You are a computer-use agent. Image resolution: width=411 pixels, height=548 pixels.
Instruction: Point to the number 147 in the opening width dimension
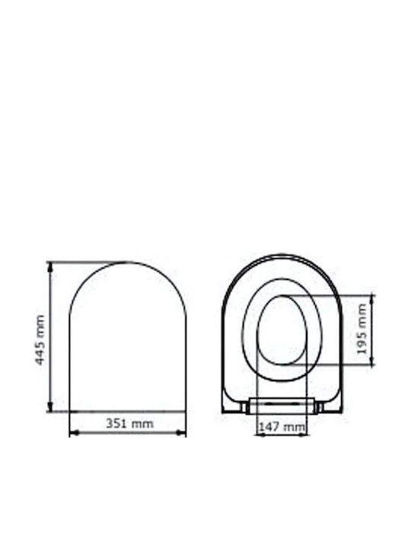point(269,427)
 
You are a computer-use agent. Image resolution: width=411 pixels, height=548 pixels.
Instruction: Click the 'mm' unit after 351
point(142,424)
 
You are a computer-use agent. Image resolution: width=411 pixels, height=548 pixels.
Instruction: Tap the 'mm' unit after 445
point(40,327)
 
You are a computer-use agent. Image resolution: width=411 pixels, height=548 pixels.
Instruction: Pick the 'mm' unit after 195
point(362,317)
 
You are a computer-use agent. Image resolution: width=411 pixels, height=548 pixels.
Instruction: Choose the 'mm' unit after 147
point(295,428)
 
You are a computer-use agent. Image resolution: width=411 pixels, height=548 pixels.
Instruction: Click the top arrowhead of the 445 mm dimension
point(50,267)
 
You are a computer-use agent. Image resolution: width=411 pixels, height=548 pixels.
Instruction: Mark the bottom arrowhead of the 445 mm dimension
point(50,406)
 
